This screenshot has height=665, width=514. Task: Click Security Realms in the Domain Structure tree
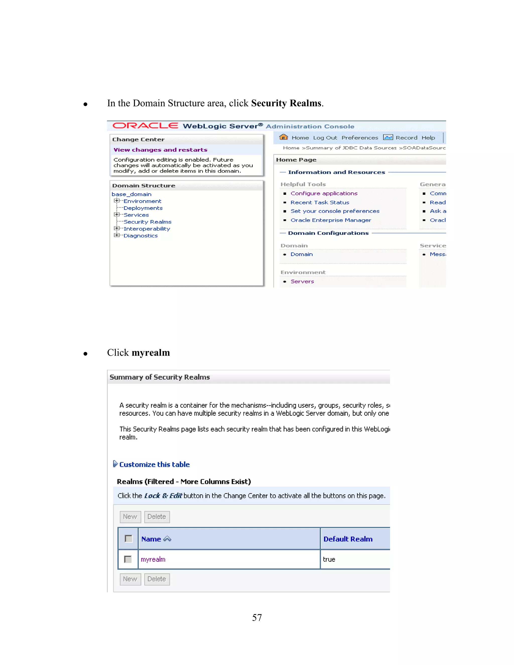[147, 222]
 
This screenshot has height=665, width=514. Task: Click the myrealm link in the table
[153, 559]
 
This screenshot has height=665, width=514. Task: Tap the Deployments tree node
[143, 208]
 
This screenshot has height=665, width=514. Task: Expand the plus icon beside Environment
[116, 201]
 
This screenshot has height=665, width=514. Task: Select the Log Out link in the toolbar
[325, 138]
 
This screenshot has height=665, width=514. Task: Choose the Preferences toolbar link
[360, 138]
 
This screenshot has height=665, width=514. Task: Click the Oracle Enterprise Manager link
[331, 220]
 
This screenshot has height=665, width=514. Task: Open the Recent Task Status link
[320, 202]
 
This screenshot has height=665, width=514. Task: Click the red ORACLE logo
[145, 126]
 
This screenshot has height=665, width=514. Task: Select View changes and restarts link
[160, 150]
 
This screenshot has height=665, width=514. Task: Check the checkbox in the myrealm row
[128, 559]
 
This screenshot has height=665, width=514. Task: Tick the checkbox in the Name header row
[128, 539]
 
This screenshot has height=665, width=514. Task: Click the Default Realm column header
[348, 539]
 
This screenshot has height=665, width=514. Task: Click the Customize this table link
[154, 464]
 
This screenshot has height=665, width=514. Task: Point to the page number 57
[257, 618]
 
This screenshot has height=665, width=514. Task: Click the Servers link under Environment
[302, 281]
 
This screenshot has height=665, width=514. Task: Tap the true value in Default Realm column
[329, 559]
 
